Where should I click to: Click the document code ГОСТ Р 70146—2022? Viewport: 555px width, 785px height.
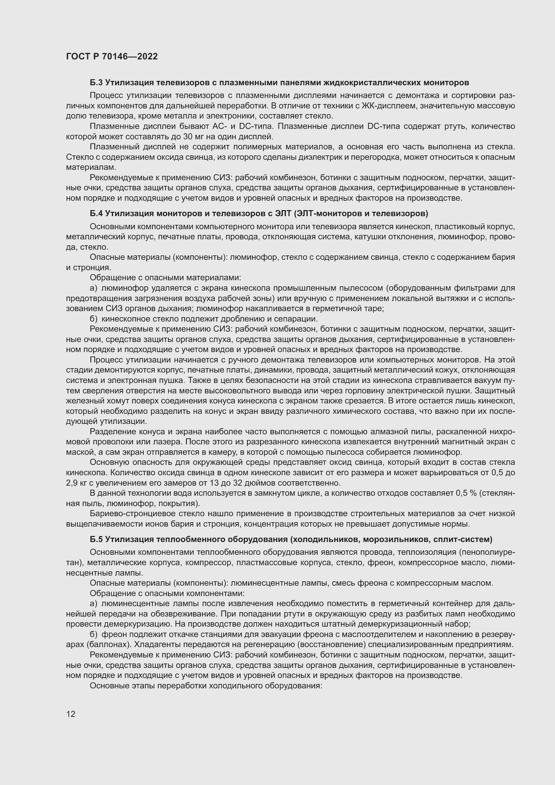[112, 56]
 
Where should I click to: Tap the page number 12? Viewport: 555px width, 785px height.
[71, 714]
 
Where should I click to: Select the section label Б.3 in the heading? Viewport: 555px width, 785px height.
[96, 83]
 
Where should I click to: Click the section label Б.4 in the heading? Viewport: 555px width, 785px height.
[96, 214]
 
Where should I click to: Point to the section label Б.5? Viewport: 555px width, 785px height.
[96, 540]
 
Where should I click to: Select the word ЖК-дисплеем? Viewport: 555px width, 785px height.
[391, 106]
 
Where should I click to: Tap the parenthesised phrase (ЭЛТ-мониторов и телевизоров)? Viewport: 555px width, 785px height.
[363, 214]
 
